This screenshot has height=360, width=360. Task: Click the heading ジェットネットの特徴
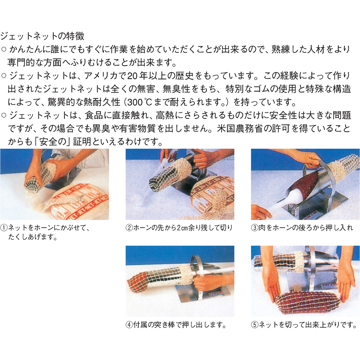42,36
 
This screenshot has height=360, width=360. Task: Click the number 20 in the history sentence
132,76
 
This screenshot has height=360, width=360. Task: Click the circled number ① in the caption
4,228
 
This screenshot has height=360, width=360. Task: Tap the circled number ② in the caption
130,228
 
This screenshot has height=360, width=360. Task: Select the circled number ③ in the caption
255,228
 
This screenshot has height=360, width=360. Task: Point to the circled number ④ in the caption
130,325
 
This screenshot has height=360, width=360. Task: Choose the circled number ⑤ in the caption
255,325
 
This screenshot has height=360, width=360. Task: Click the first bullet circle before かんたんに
4,49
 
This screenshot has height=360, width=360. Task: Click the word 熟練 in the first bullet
280,49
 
